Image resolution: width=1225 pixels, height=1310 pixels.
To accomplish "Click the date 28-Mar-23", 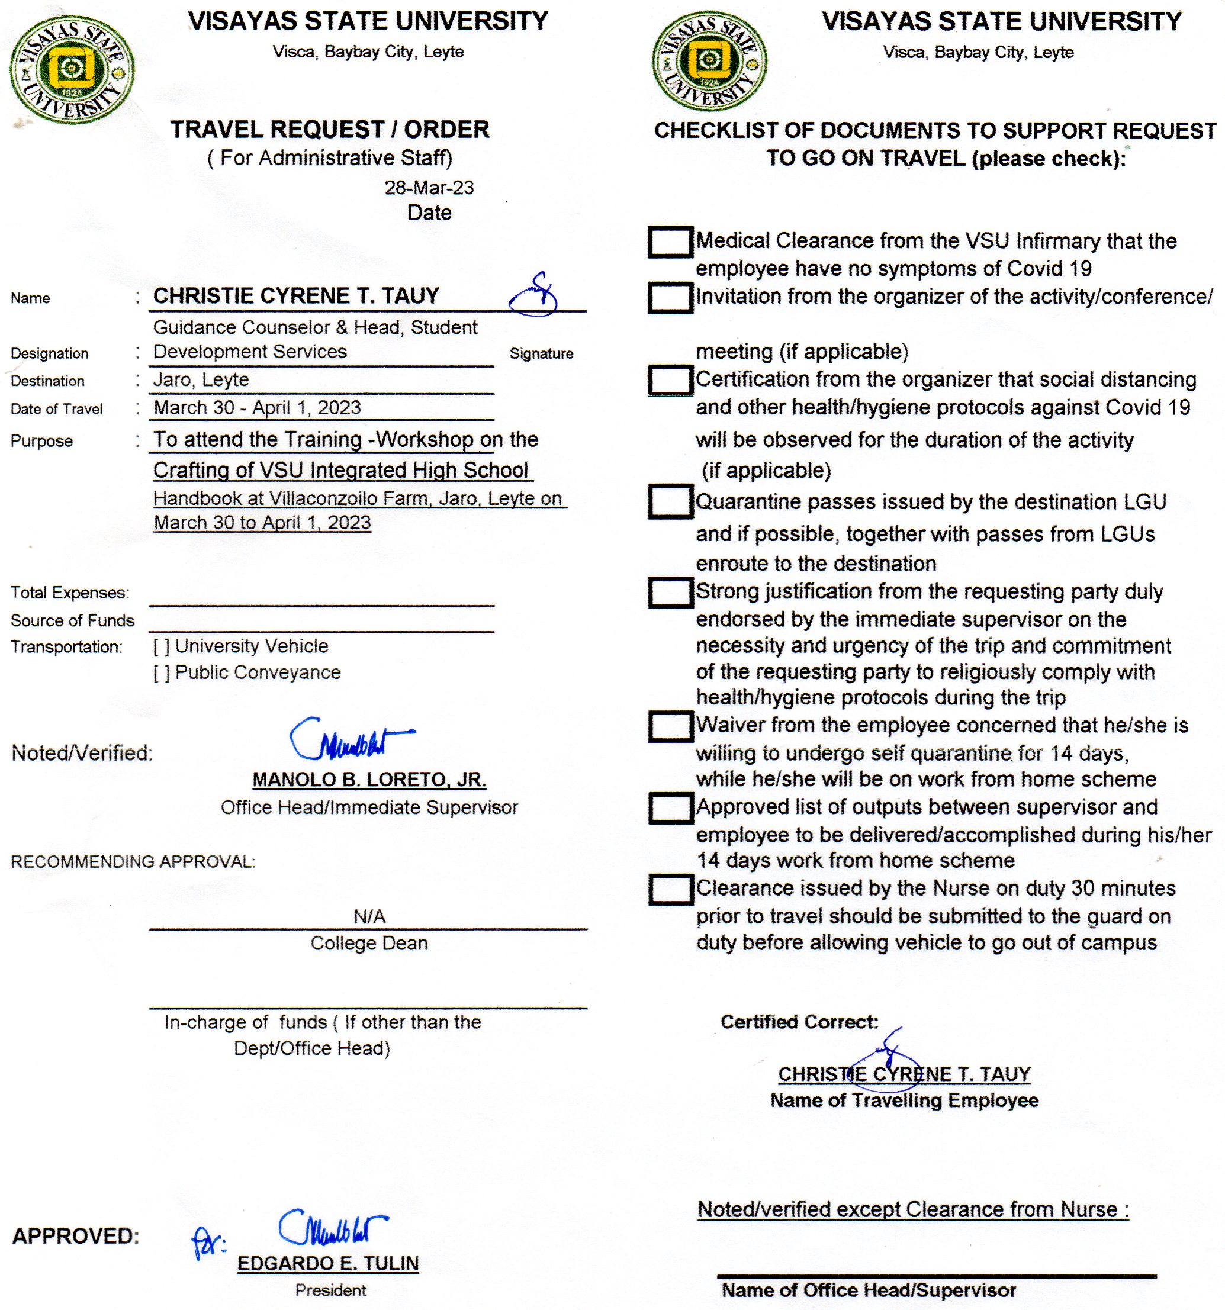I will point(429,188).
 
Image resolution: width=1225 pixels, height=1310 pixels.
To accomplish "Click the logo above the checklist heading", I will point(709,60).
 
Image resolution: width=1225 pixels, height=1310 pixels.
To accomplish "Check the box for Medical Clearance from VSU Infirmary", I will point(670,242).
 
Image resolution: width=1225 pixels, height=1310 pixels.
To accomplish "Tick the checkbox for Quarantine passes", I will point(670,501).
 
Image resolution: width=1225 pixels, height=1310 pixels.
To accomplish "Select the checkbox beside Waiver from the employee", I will point(670,726).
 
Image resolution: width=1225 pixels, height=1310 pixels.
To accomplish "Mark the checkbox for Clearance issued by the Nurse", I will point(670,889).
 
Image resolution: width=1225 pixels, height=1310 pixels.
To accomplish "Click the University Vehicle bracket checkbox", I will point(162,647).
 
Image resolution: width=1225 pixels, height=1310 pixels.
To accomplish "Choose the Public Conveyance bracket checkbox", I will point(162,674).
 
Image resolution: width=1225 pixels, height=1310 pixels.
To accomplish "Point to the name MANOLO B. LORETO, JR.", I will point(369,780).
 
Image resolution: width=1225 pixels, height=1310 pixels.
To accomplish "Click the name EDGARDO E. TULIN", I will point(327,1263).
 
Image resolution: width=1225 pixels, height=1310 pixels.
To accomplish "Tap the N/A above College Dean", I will point(369,916).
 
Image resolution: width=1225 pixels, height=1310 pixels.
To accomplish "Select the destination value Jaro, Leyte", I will point(201,380).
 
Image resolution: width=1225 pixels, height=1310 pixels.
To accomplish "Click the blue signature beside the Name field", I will point(534,295).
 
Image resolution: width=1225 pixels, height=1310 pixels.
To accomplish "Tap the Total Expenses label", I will point(69,593).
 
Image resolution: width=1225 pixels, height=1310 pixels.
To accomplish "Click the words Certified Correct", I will point(799,1022).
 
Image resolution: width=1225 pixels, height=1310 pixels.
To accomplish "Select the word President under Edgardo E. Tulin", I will point(330,1290).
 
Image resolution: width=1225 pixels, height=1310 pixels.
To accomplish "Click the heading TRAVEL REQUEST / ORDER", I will point(329,129).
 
